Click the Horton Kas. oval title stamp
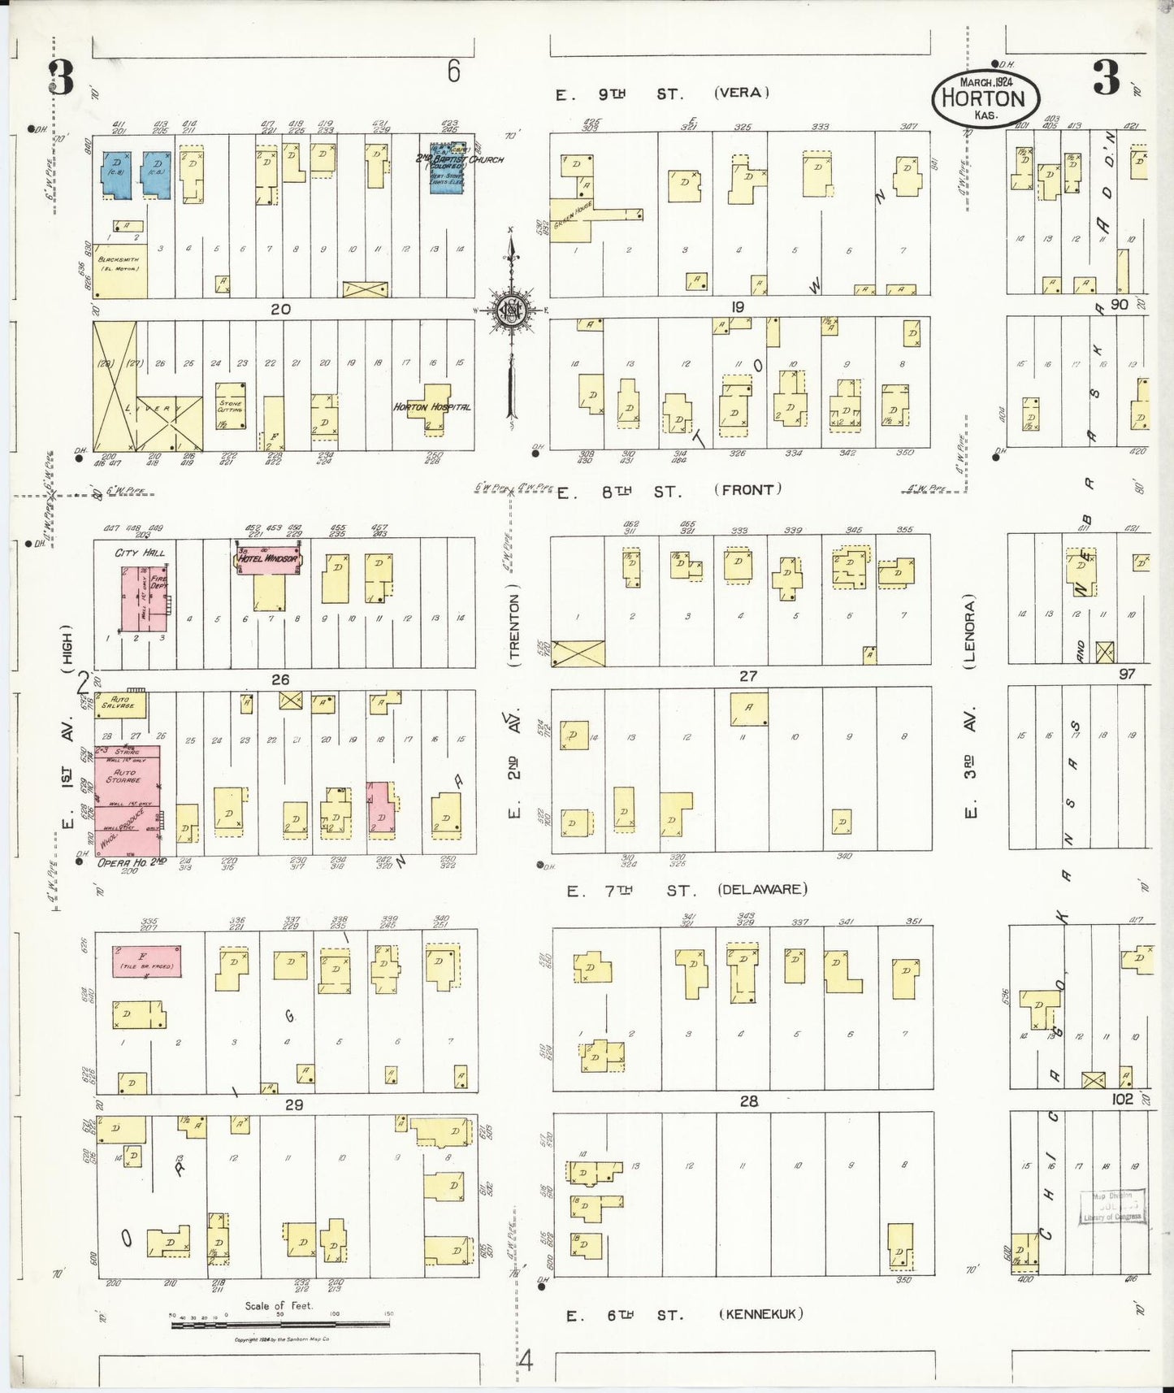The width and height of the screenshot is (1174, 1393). click(x=986, y=98)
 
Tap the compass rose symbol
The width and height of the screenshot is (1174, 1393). click(x=511, y=310)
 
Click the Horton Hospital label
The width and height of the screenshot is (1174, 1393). click(x=431, y=406)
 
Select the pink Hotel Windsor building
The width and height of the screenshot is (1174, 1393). click(x=269, y=559)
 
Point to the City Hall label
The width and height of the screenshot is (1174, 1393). click(x=139, y=553)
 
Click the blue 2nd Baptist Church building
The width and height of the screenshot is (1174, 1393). click(x=448, y=168)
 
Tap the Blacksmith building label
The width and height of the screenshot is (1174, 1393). click(x=119, y=263)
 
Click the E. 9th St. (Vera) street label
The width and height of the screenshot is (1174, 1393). click(x=662, y=93)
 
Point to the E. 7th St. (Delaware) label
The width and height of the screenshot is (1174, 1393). click(x=687, y=890)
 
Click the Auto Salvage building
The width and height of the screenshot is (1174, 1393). click(x=120, y=704)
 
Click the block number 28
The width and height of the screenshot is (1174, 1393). click(x=747, y=1101)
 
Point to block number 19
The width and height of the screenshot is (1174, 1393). click(x=737, y=306)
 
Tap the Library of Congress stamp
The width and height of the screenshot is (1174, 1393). click(x=1113, y=1208)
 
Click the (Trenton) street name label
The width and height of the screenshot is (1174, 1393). click(x=513, y=631)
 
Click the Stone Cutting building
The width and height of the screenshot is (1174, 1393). click(x=231, y=406)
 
